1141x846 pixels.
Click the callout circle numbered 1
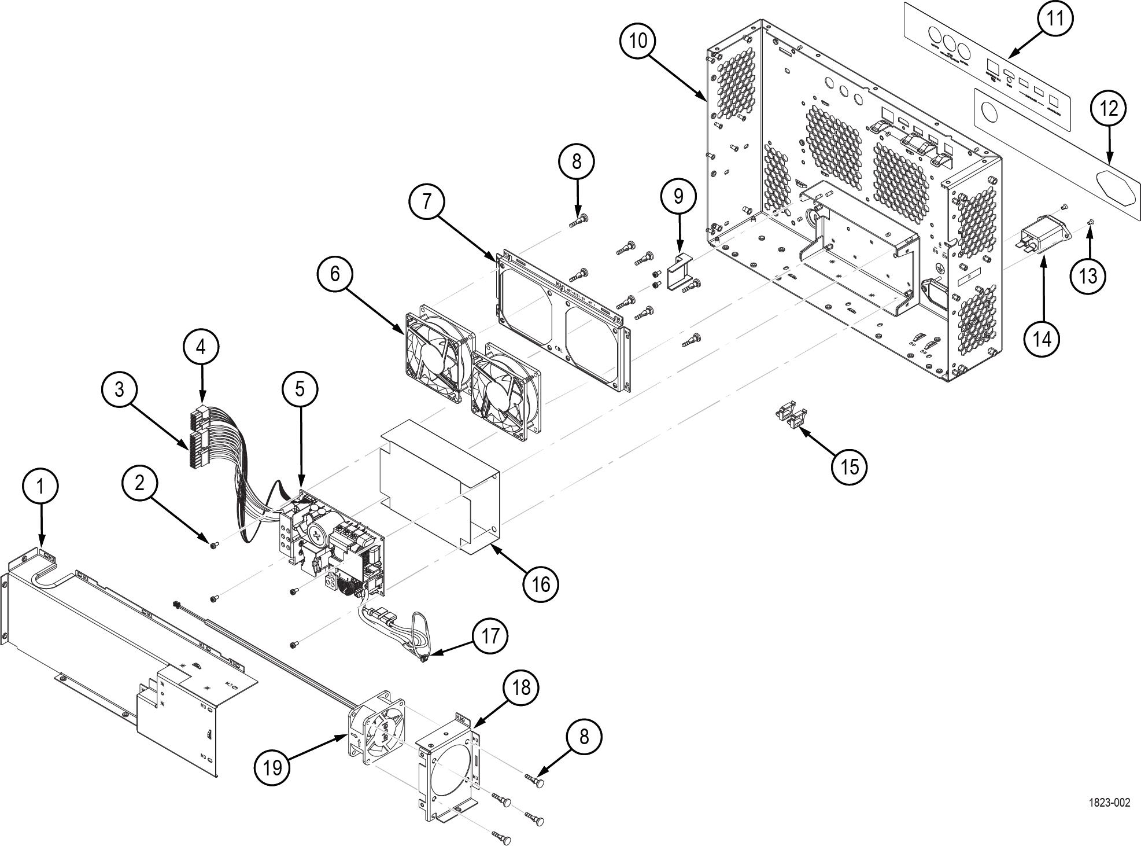click(x=40, y=487)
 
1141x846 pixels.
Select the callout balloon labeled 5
click(x=300, y=388)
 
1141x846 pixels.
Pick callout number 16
click(x=541, y=584)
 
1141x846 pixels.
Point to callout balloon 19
click(x=272, y=767)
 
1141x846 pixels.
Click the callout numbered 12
click(x=1109, y=109)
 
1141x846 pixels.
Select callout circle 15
click(x=849, y=466)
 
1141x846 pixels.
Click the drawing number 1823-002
click(x=1109, y=803)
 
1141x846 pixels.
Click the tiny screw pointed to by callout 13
click(x=1091, y=222)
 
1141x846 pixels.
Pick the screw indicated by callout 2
click(x=213, y=545)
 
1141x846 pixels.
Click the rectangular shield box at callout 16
click(x=440, y=486)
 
